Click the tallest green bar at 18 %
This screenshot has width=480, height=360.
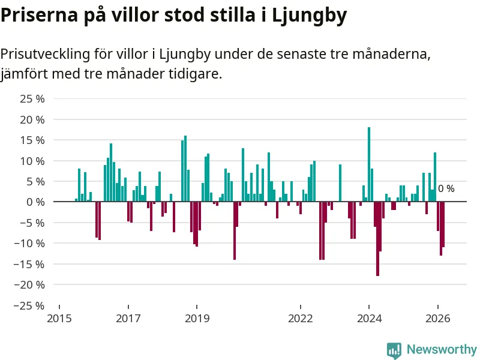[x=369, y=164]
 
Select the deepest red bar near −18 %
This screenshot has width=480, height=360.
[x=378, y=239]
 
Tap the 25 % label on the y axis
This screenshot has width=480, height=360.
[x=32, y=99]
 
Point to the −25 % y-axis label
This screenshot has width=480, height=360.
[x=29, y=305]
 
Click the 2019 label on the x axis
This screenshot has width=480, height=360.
[x=197, y=319]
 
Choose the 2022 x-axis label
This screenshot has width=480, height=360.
[x=301, y=319]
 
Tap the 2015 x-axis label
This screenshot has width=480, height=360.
[x=59, y=319]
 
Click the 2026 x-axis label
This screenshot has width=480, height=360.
[x=438, y=319]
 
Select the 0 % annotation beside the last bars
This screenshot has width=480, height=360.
[x=446, y=188]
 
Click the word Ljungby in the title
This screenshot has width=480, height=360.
[x=310, y=16]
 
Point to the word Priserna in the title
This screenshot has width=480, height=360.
[x=40, y=14]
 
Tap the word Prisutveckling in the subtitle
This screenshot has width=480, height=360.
[x=46, y=55]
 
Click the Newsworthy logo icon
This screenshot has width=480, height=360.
[x=394, y=350]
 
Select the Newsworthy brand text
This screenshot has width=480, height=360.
[x=442, y=349]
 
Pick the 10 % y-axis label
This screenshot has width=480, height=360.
[x=32, y=161]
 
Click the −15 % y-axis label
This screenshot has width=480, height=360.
[x=29, y=264]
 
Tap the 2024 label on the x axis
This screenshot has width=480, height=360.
[x=370, y=319]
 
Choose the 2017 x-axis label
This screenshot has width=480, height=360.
[x=128, y=319]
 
